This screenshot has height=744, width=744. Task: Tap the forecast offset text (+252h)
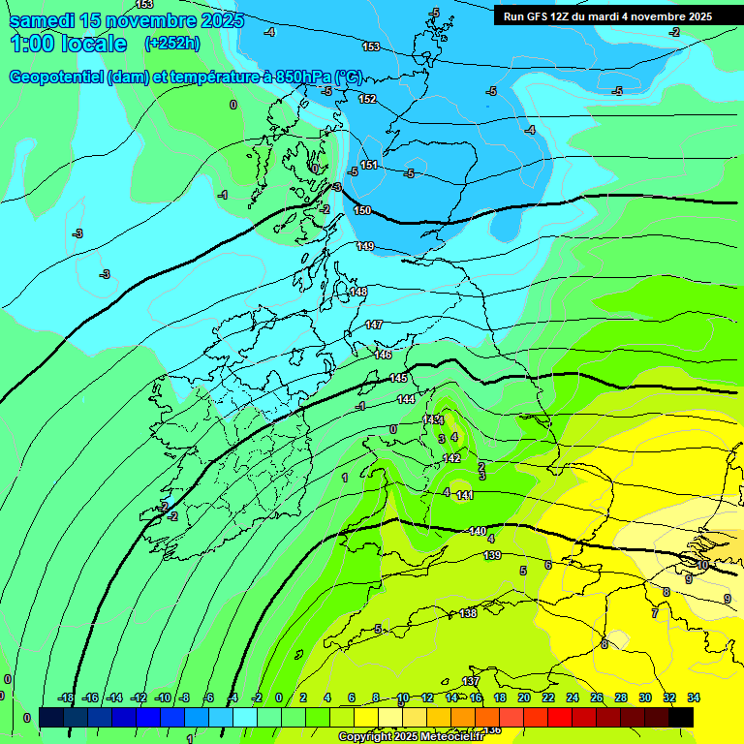point(172,43)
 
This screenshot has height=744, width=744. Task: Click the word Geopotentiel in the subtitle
point(55,77)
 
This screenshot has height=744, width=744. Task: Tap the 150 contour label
point(362,210)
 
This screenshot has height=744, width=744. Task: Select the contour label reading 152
point(367,99)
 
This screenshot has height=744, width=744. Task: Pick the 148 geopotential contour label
point(358,292)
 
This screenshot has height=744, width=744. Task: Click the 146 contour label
point(383,355)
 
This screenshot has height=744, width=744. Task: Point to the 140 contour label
point(478,531)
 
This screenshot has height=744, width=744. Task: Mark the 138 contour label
point(468,613)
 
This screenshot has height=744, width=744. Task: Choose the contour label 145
point(398,378)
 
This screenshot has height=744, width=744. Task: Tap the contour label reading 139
point(492,555)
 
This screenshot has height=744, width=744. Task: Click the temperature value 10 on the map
point(703,564)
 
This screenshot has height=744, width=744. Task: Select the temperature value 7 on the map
point(654,613)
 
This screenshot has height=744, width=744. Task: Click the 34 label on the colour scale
point(694,697)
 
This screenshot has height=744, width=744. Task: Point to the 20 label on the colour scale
point(524,697)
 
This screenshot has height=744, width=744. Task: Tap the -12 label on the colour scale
point(139,697)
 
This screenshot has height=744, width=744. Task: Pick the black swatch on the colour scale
point(681,717)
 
